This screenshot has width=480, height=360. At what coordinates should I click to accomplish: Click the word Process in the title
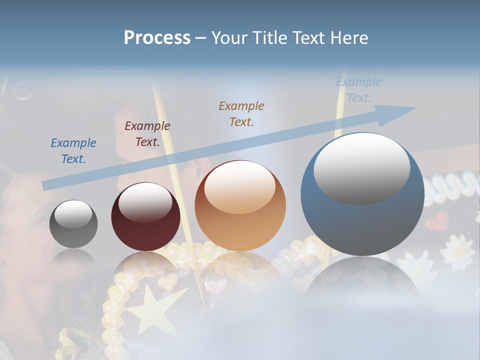pos(157,37)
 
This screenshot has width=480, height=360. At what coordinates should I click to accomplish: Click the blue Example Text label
pos(73,150)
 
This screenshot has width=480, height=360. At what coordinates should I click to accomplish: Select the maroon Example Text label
pos(147,133)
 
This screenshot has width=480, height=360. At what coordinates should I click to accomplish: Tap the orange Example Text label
pos(241,113)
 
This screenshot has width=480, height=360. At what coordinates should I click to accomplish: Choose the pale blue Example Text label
pos(359,90)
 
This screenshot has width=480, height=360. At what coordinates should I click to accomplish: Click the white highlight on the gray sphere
pos(73,214)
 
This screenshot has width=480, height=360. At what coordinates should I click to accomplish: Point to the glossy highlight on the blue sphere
pos(361,168)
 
